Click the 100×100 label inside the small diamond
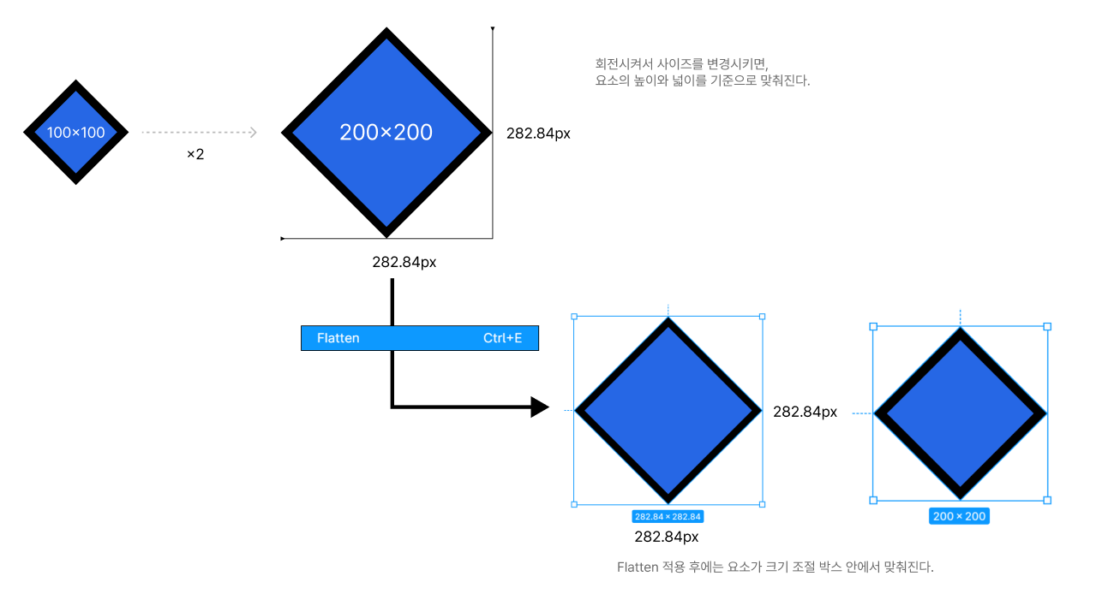tap(75, 133)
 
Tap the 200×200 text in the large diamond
tap(386, 133)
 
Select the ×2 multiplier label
tap(195, 155)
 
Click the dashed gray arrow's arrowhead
tap(252, 133)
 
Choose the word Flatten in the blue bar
tap(338, 338)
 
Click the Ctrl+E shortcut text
tap(502, 338)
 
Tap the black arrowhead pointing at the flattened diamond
tap(539, 407)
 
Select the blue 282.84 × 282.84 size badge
tap(668, 516)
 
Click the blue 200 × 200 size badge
tap(959, 516)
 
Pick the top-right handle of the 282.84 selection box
tap(762, 316)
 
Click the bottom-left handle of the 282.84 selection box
tap(574, 504)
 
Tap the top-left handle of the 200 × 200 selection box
tap(873, 326)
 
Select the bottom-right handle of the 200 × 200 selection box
tap(1047, 500)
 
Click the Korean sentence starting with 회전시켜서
tap(682, 63)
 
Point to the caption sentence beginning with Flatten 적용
tap(775, 567)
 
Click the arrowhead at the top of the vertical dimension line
tap(493, 30)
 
